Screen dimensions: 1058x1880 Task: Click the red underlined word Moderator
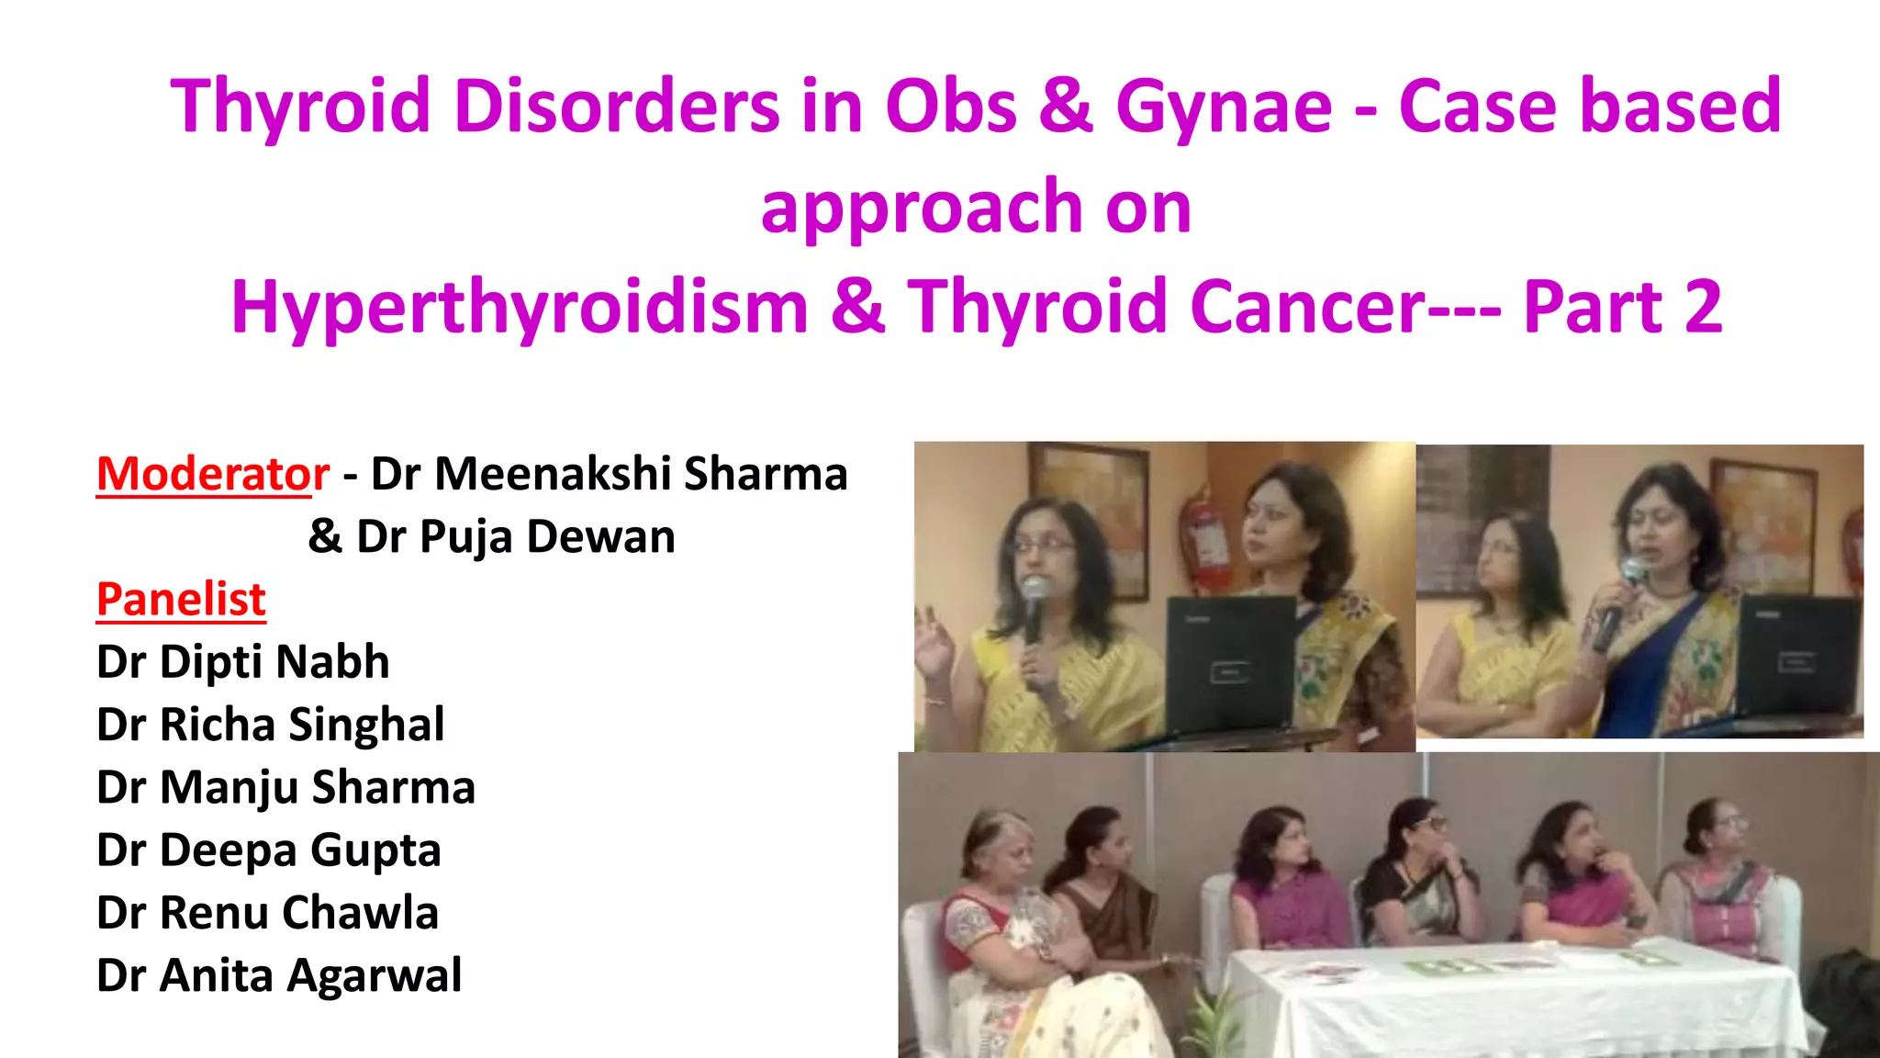coord(212,474)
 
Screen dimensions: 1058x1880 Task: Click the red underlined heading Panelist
coord(181,600)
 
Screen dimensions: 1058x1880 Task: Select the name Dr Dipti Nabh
coord(242,662)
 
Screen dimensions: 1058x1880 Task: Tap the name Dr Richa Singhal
coord(270,725)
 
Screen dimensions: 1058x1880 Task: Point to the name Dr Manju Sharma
coord(285,787)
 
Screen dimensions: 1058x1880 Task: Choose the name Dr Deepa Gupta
coord(268,850)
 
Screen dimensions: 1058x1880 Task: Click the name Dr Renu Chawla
coord(267,913)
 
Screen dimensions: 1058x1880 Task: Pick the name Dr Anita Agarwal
coord(279,975)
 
